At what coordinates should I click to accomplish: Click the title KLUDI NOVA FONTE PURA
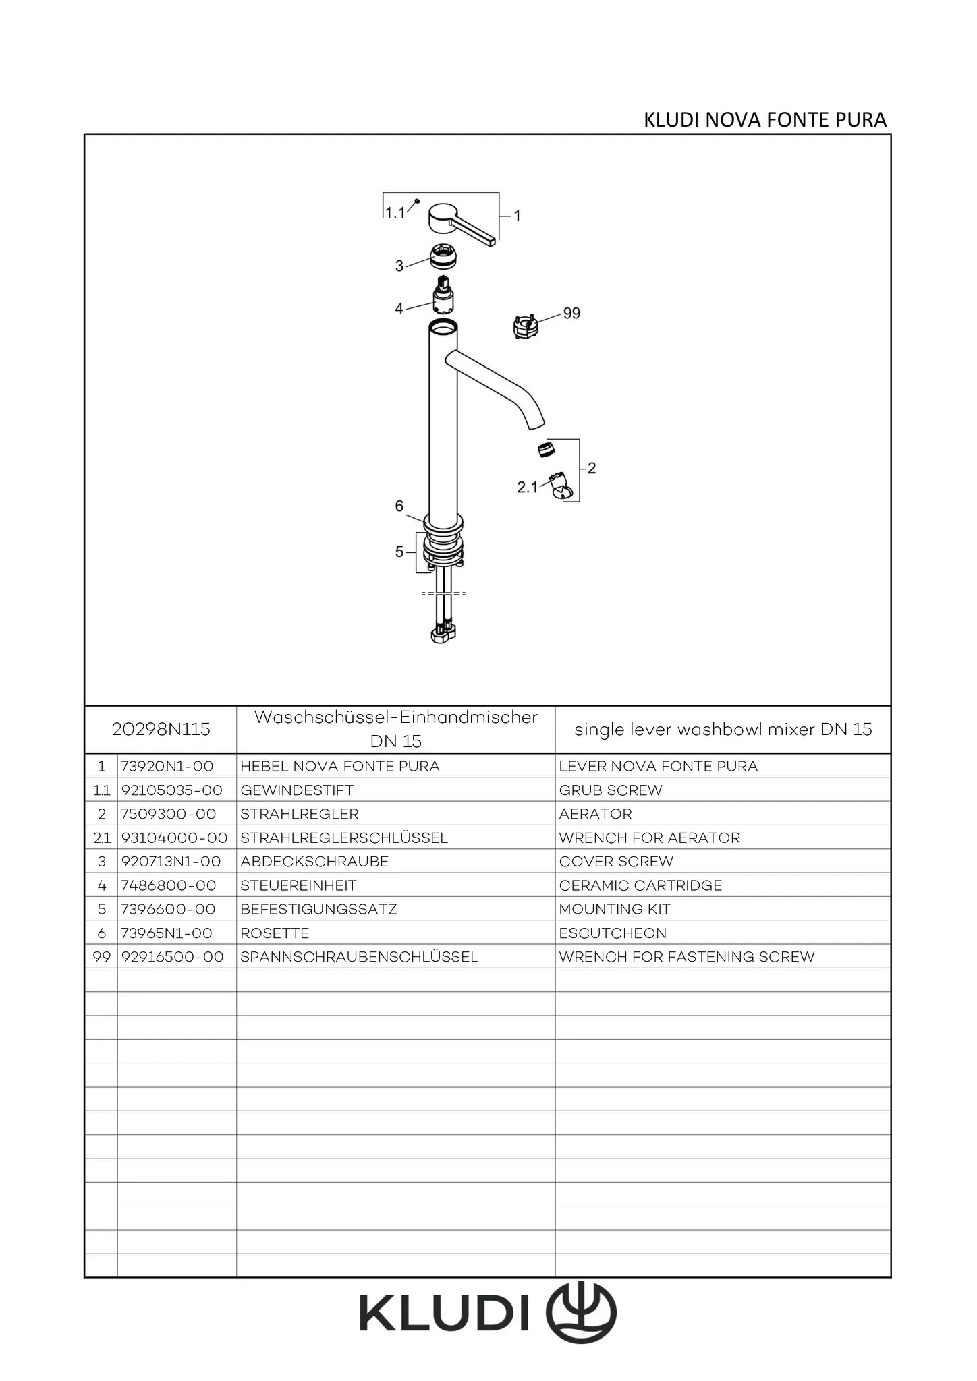(764, 120)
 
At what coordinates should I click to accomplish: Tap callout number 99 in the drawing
(571, 313)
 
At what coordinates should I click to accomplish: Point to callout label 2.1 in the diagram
(527, 487)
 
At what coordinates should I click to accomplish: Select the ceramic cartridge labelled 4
(443, 296)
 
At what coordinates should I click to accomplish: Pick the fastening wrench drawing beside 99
(526, 326)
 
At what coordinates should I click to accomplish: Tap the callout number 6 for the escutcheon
(399, 506)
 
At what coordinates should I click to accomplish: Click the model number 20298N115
(161, 729)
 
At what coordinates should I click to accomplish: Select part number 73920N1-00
(167, 766)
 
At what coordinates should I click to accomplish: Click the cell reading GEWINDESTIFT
(297, 790)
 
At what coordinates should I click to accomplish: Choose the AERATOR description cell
(595, 814)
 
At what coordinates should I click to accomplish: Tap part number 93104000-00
(174, 838)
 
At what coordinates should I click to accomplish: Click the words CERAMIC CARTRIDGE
(640, 885)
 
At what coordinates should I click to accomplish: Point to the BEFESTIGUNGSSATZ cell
(318, 909)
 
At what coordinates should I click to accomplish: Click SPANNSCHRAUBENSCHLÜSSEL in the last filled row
(359, 957)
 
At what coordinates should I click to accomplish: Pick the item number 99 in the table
(101, 957)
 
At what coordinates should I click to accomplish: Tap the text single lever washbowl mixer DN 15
(723, 729)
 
